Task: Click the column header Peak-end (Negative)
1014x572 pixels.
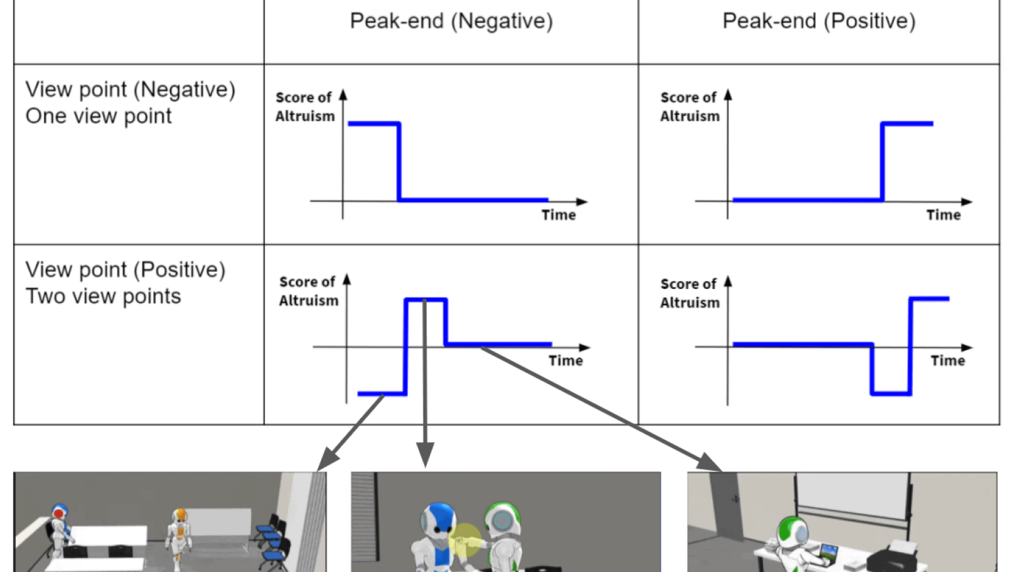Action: point(451,21)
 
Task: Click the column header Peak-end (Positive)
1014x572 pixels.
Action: point(818,21)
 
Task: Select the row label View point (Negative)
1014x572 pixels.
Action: point(130,89)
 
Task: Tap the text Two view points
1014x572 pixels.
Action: point(103,296)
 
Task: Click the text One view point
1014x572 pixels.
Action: point(98,116)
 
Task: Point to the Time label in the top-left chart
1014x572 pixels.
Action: point(558,215)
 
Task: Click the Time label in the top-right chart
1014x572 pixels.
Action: point(943,215)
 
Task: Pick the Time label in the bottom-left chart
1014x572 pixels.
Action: point(565,360)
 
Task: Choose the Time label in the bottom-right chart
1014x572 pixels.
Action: point(947,360)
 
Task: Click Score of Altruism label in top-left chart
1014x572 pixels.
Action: point(305,106)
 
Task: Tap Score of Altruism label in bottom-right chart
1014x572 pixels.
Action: point(689,293)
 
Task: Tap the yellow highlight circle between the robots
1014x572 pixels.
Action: point(465,540)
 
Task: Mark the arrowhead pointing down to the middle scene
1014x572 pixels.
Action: point(425,454)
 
